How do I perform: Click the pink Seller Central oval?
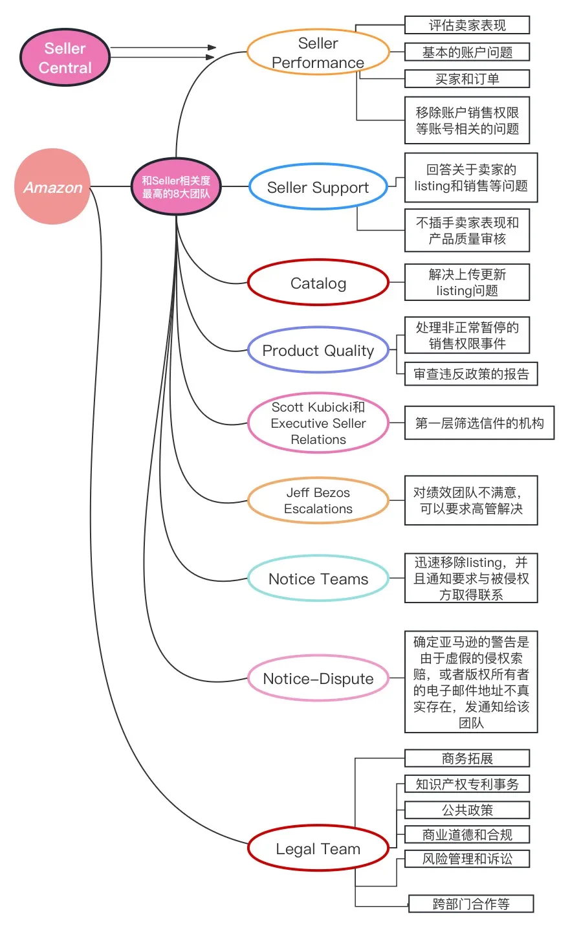pos(65,57)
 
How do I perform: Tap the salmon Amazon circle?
pos(52,186)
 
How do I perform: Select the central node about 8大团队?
pos(176,186)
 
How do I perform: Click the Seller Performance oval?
pos(318,52)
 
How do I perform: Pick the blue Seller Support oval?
pos(318,186)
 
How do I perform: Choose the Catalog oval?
pos(318,283)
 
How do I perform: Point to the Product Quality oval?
pos(318,350)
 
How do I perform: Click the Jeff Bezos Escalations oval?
pos(318,500)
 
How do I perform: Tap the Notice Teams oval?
pos(318,578)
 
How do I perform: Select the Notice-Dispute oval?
pos(318,678)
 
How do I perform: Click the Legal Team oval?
pos(318,848)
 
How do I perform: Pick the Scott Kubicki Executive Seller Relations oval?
pos(318,423)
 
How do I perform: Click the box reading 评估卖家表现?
pos(467,25)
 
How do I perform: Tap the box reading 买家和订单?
pos(467,78)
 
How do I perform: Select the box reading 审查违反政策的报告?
pos(471,373)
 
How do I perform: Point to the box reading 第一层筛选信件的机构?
pos(479,423)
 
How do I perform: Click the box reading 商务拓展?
pos(467,758)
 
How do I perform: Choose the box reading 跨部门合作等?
pos(471,903)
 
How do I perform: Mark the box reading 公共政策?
pos(467,810)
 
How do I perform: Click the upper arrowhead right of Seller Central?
pos(212,47)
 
